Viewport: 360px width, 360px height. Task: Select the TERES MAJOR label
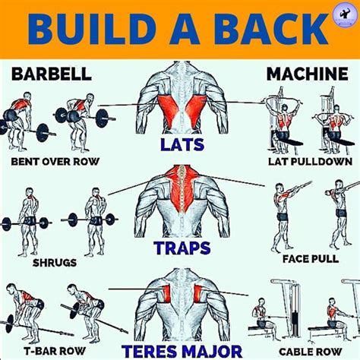180,350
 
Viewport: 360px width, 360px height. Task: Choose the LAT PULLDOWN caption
310,161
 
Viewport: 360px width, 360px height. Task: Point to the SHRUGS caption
54,263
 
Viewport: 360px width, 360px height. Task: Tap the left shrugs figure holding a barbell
29,216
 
